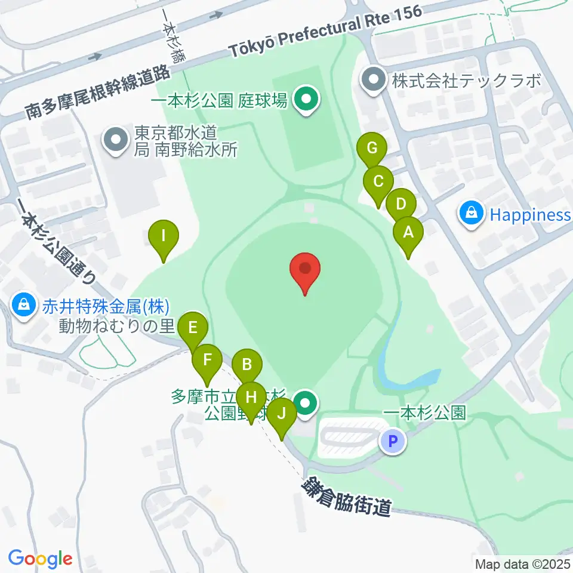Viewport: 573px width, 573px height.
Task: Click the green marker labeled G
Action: (x=372, y=147)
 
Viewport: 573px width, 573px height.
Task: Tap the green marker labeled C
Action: (x=378, y=181)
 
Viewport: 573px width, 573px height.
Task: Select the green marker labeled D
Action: (x=401, y=205)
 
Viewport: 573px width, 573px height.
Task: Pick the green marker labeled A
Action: (x=408, y=233)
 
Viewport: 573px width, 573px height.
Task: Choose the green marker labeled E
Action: (x=192, y=328)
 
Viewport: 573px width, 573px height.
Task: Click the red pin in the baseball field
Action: (x=305, y=269)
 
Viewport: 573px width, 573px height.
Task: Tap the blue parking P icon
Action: (x=393, y=442)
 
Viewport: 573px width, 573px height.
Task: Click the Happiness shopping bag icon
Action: (x=472, y=213)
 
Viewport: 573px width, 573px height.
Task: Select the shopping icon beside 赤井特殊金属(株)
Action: (x=23, y=306)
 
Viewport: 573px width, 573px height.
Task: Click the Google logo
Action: (x=40, y=559)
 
